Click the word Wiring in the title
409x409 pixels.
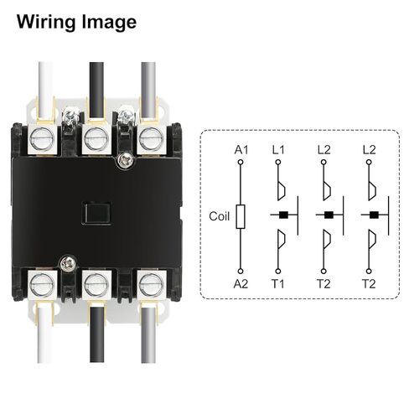(47, 22)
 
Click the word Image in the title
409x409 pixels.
(109, 22)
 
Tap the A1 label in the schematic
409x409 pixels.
(241, 150)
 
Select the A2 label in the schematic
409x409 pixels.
(241, 284)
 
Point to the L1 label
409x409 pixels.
(278, 150)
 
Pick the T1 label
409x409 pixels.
(278, 284)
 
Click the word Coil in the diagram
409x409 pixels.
(220, 216)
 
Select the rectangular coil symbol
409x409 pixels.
(241, 216)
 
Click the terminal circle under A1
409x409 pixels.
(241, 162)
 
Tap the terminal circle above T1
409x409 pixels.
(278, 271)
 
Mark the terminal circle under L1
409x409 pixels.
(278, 162)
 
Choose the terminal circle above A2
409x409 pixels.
(241, 271)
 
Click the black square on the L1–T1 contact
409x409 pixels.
(284, 215)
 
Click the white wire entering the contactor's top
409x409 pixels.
(45, 92)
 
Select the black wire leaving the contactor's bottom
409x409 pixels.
(97, 334)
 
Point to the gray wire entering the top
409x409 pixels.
(148, 91)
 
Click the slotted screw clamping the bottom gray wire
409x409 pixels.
(152, 285)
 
